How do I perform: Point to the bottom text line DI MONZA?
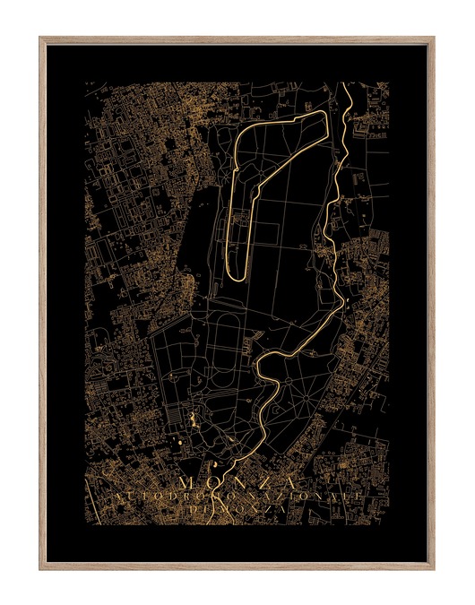237,509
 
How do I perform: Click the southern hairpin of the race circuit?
237,273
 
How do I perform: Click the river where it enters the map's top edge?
345,85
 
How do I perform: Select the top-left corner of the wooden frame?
41,38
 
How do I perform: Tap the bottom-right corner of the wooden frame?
434,568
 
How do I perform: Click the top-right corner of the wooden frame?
434,38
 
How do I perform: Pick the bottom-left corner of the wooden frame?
41,568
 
